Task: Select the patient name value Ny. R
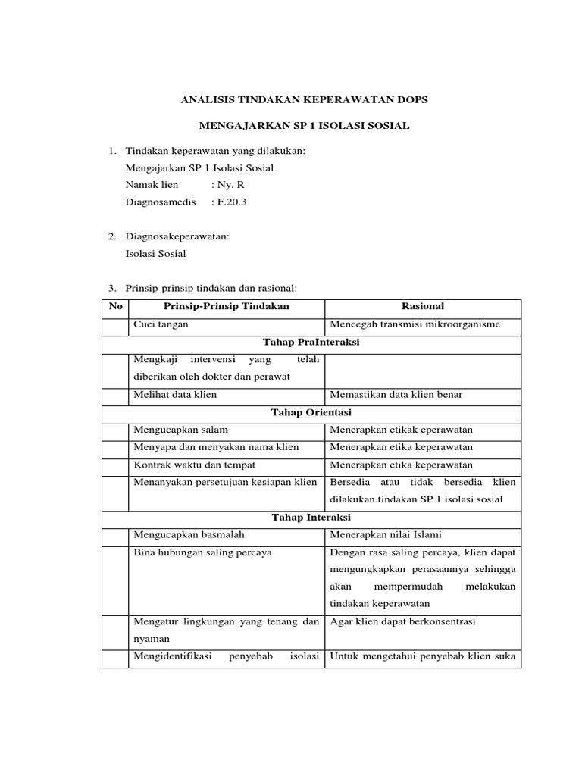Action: pyautogui.click(x=228, y=185)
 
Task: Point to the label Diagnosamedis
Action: pyautogui.click(x=161, y=202)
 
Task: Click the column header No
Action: pyautogui.click(x=115, y=306)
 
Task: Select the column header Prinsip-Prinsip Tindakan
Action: pyautogui.click(x=227, y=306)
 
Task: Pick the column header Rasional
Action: pyautogui.click(x=423, y=306)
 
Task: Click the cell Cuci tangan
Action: pyautogui.click(x=161, y=324)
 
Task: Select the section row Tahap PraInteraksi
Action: pyautogui.click(x=311, y=343)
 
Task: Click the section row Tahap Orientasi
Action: pyautogui.click(x=311, y=412)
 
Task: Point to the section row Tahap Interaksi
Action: pyautogui.click(x=311, y=518)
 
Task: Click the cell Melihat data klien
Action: pyautogui.click(x=175, y=395)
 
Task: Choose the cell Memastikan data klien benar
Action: pyautogui.click(x=396, y=395)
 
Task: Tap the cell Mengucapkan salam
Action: pyautogui.click(x=180, y=430)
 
